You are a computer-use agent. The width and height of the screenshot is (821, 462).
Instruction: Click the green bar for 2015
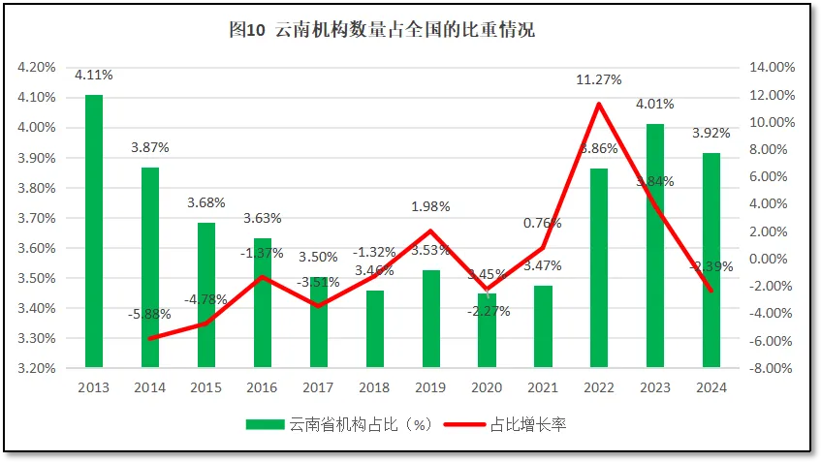pyautogui.click(x=206, y=294)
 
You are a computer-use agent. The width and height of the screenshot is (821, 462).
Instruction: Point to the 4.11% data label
pyautogui.click(x=94, y=75)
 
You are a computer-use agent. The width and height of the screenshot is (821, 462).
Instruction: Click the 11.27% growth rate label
pyautogui.click(x=598, y=80)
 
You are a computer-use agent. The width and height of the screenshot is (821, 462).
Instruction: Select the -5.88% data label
pyautogui.click(x=149, y=314)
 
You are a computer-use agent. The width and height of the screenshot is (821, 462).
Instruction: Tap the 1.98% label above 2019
pyautogui.click(x=429, y=206)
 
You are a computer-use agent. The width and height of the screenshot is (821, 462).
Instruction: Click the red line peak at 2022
pyautogui.click(x=599, y=104)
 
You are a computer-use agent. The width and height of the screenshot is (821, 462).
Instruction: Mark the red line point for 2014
pyautogui.click(x=150, y=338)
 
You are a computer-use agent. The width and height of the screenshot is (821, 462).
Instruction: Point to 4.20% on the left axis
pyautogui.click(x=36, y=68)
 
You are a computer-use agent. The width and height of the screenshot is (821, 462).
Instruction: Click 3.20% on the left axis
pyautogui.click(x=36, y=368)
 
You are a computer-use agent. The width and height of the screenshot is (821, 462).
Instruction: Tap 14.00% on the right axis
pyautogui.click(x=773, y=68)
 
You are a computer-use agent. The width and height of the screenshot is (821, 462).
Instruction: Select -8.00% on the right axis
pyautogui.click(x=773, y=368)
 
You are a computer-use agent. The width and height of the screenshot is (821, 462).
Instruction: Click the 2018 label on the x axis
pyautogui.click(x=374, y=387)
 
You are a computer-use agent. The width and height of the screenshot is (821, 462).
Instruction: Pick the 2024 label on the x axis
pyautogui.click(x=711, y=387)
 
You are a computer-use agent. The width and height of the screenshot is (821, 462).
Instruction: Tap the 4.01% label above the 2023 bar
pyautogui.click(x=655, y=104)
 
